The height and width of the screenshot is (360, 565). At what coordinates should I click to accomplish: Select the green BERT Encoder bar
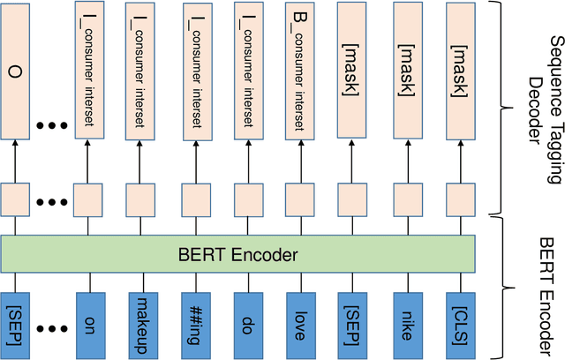tap(237, 256)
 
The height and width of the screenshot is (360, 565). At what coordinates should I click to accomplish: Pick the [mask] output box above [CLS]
tap(460, 70)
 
